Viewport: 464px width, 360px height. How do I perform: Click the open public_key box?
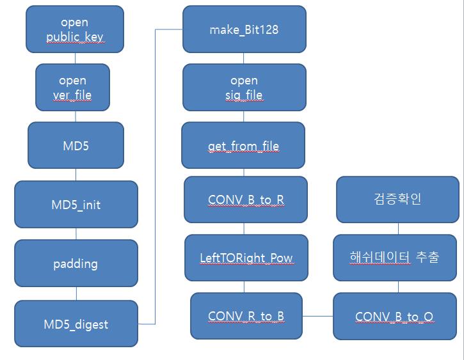(x=75, y=29)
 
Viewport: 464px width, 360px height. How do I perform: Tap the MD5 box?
(x=76, y=146)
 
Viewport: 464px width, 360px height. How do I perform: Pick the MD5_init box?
(x=76, y=205)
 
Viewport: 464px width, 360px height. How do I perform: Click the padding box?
(x=76, y=263)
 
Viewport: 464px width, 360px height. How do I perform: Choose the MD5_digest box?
(x=76, y=324)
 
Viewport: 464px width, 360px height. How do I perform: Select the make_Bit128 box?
(x=243, y=29)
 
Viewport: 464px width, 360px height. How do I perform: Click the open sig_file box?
(x=243, y=88)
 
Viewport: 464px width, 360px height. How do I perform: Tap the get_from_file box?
(x=243, y=146)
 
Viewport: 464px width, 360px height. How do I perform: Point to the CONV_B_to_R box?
(x=246, y=200)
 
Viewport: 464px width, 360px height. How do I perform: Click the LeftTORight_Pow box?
(x=246, y=258)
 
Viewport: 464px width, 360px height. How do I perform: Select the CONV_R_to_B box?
(x=246, y=316)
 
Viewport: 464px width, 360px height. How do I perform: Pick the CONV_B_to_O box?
(x=394, y=316)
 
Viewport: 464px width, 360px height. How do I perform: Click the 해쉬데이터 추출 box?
(x=394, y=258)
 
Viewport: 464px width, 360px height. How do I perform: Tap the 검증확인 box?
(x=397, y=200)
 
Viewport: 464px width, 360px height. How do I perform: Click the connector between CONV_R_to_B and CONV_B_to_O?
(x=317, y=316)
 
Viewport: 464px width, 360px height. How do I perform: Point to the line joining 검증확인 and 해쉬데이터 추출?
(x=397, y=229)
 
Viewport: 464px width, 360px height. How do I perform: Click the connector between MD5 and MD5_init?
(x=76, y=175)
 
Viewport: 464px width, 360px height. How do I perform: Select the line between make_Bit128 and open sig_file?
(x=243, y=58)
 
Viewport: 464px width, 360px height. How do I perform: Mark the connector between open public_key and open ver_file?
(x=75, y=58)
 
